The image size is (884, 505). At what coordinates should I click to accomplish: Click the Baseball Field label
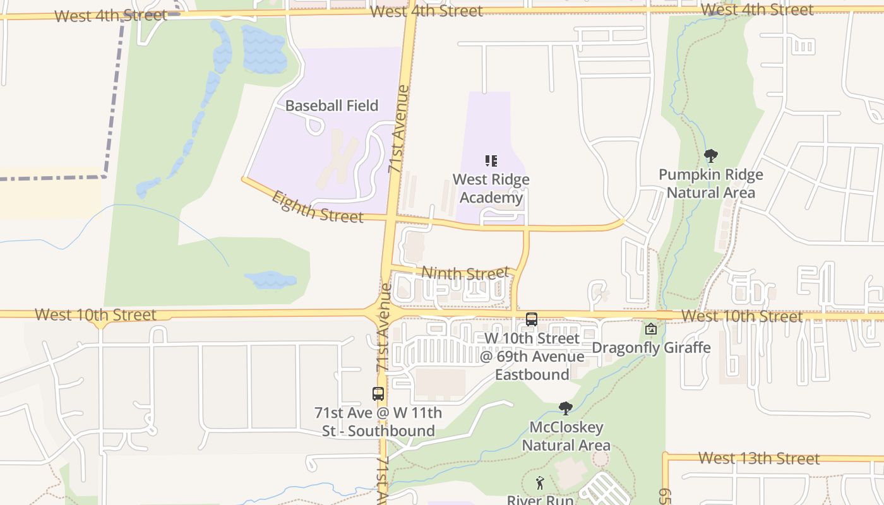click(331, 105)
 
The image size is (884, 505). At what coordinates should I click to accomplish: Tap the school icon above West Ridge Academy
click(491, 161)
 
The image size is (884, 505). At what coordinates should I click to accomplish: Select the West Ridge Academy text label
click(491, 189)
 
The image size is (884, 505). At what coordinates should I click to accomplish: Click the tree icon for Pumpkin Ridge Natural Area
click(711, 155)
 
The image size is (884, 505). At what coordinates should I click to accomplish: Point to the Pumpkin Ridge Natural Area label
click(710, 184)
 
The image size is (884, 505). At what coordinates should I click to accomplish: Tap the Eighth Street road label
click(317, 208)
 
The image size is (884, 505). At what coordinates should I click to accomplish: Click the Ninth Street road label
click(465, 273)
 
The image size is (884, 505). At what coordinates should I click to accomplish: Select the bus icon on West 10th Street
click(532, 319)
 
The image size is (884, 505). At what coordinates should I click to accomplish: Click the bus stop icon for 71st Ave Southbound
click(378, 394)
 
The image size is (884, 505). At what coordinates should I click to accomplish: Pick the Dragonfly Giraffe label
click(651, 347)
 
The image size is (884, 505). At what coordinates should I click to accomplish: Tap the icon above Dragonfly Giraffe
click(651, 329)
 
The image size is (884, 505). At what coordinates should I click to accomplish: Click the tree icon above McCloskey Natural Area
click(566, 408)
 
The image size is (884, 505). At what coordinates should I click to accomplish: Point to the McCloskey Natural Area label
click(566, 436)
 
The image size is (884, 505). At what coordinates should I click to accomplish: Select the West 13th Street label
click(759, 458)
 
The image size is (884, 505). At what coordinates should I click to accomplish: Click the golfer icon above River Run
click(540, 484)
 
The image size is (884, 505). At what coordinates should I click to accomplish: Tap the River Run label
click(540, 499)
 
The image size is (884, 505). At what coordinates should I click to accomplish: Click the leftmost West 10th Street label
click(95, 314)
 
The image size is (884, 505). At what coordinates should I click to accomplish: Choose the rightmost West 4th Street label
click(757, 10)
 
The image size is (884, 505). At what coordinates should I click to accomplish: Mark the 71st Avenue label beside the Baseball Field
click(398, 129)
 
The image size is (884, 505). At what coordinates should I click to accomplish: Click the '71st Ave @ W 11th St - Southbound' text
click(378, 422)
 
